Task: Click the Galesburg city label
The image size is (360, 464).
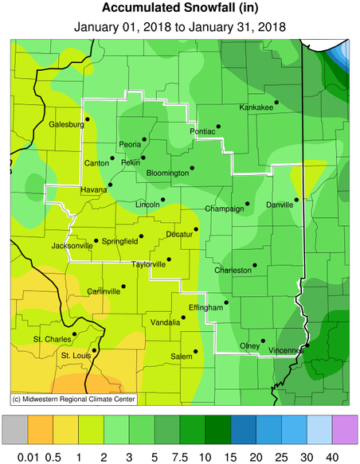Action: [x=66, y=125]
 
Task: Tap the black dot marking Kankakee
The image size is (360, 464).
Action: [x=276, y=102]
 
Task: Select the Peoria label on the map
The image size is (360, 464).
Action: [x=129, y=145]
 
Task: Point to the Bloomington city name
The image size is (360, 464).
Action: [x=168, y=173]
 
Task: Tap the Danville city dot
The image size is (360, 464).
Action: [x=296, y=200]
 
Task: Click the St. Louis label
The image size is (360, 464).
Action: [x=77, y=355]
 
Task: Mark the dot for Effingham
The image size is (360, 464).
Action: [x=226, y=302]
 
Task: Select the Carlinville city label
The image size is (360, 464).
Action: [x=104, y=291]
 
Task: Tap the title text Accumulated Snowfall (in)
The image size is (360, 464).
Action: [x=179, y=9]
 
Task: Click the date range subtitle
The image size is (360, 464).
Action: [x=179, y=27]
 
